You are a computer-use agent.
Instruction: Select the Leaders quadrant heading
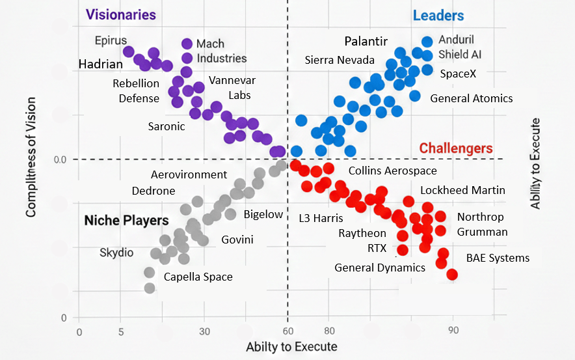point(438,16)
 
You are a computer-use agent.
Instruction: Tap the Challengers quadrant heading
point(456,148)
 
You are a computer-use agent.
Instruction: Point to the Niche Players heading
point(126,221)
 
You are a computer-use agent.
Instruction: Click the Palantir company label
point(366,42)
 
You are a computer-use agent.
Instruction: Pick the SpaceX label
point(458,74)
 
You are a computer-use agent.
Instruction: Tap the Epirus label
point(111,40)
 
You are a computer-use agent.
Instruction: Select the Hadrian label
point(101,64)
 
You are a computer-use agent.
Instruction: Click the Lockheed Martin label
point(462,190)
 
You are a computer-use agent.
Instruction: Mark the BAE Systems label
point(498,258)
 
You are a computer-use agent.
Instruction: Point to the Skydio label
point(118,252)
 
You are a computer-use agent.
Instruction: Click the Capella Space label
point(198,277)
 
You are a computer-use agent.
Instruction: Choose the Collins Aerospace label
point(393,171)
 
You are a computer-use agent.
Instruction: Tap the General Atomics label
point(472,98)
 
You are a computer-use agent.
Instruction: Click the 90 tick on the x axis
point(453,330)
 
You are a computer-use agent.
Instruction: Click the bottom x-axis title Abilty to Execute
point(291,346)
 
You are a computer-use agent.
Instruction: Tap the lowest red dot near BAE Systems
point(452,275)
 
